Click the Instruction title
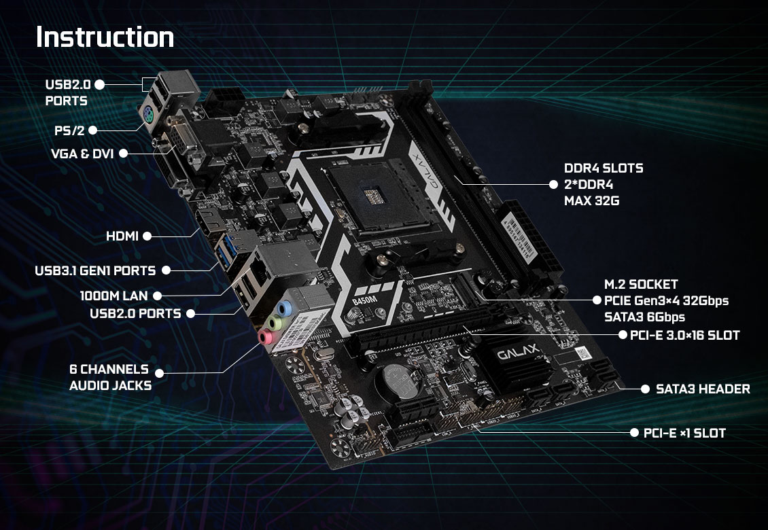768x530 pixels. [x=105, y=37]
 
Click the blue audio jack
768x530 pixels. [x=285, y=308]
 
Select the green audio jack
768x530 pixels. [x=275, y=322]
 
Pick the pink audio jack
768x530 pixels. [x=266, y=336]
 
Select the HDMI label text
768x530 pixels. [x=122, y=236]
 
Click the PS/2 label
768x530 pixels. [x=69, y=130]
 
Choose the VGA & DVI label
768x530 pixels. [x=82, y=154]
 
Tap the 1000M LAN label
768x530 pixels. [x=114, y=296]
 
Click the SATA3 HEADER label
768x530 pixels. [x=703, y=389]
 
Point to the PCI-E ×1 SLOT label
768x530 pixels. [x=684, y=433]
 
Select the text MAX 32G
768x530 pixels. [x=592, y=201]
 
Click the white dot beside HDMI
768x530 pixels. [x=147, y=236]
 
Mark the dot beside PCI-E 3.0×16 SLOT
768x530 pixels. [x=623, y=335]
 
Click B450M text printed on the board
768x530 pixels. [x=364, y=300]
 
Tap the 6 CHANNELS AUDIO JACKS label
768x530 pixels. [x=110, y=378]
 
